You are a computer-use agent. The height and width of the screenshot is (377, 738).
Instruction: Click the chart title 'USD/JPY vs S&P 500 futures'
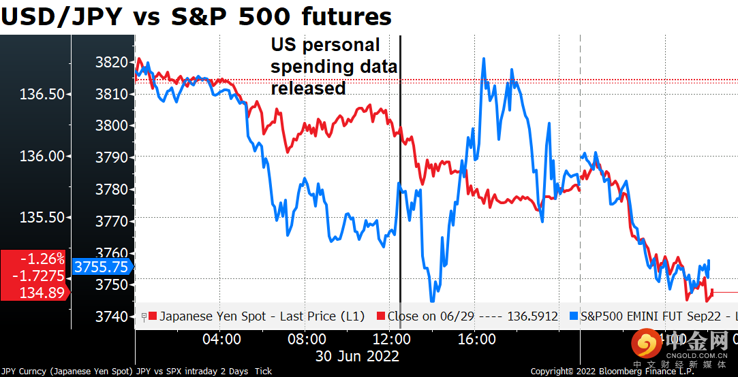click(196, 16)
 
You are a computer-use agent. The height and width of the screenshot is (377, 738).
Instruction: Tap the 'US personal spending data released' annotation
click(334, 67)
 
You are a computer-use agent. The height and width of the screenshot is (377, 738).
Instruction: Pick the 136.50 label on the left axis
click(42, 94)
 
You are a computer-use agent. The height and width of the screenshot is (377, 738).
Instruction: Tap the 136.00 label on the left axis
click(42, 156)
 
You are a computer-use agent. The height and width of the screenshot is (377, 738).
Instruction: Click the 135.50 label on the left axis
click(42, 217)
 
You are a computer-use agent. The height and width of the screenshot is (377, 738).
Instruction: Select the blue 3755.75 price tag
click(101, 267)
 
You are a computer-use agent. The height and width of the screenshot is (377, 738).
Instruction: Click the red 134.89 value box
click(42, 293)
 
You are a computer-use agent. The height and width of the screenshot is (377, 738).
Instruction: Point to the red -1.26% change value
click(42, 259)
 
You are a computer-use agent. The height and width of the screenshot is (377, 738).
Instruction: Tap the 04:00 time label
click(221, 339)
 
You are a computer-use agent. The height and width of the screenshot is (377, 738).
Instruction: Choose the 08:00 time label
click(306, 339)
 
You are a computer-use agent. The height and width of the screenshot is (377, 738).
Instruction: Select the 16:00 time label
click(475, 339)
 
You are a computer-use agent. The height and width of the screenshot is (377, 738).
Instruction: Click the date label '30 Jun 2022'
click(357, 355)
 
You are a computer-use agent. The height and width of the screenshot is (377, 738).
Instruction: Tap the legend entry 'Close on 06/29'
click(470, 316)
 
